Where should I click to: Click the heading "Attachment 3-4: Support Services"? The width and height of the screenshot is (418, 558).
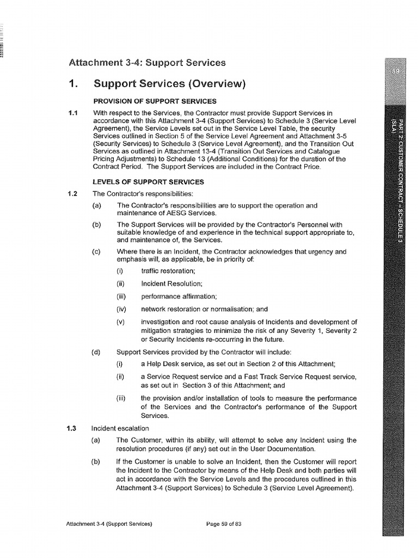coord(147,63)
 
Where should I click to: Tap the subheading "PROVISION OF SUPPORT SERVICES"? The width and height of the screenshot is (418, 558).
coord(155,101)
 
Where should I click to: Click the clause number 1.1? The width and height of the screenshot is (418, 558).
coord(73,113)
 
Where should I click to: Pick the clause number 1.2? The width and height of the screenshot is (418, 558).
coord(73,193)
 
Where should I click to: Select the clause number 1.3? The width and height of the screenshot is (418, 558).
coord(73,428)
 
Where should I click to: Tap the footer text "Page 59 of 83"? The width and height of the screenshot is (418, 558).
coord(224,524)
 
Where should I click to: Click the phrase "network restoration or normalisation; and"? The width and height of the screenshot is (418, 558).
coord(205,309)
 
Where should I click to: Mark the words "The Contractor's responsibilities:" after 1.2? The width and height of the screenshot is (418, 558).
coord(139,193)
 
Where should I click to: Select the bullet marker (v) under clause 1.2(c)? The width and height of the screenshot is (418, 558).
coord(121,322)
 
